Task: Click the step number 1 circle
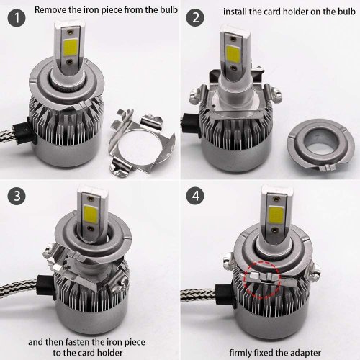(x=17, y=17)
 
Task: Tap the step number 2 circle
(x=196, y=17)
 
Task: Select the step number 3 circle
(x=17, y=196)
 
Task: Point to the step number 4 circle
(x=196, y=196)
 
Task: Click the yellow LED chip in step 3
(x=91, y=215)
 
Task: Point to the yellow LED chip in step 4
(x=276, y=215)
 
